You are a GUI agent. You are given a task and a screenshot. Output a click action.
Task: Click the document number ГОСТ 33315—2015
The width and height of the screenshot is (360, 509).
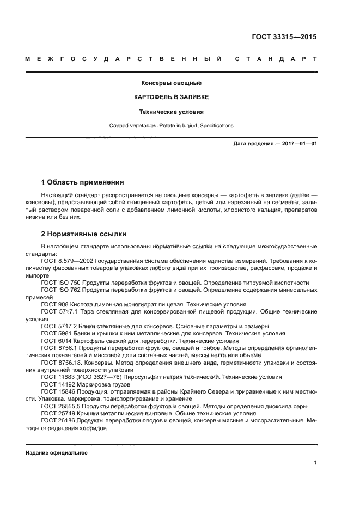[x=284, y=38]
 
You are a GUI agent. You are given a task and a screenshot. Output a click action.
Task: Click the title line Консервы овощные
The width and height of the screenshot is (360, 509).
[x=172, y=83]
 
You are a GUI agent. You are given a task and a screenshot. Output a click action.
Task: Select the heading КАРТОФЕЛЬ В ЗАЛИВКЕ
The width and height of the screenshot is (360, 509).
[x=172, y=97]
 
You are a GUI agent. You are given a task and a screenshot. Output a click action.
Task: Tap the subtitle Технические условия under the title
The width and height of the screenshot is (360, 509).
[x=172, y=112]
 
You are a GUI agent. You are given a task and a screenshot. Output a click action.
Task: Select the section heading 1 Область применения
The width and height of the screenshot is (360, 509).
[x=83, y=182]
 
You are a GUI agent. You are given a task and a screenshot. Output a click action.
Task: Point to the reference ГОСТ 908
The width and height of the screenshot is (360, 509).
[x=53, y=304]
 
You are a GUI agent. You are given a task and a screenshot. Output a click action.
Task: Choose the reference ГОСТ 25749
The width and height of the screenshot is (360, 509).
[x=56, y=413]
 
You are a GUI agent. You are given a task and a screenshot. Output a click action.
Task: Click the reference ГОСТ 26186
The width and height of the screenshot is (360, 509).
[x=56, y=420]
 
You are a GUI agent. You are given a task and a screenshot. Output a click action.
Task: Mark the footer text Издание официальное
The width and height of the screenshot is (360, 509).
[x=57, y=453]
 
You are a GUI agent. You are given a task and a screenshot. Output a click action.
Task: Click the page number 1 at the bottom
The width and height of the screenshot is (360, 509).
[x=315, y=463]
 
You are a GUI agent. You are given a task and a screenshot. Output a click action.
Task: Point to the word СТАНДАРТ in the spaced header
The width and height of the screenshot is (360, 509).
[x=276, y=58]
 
